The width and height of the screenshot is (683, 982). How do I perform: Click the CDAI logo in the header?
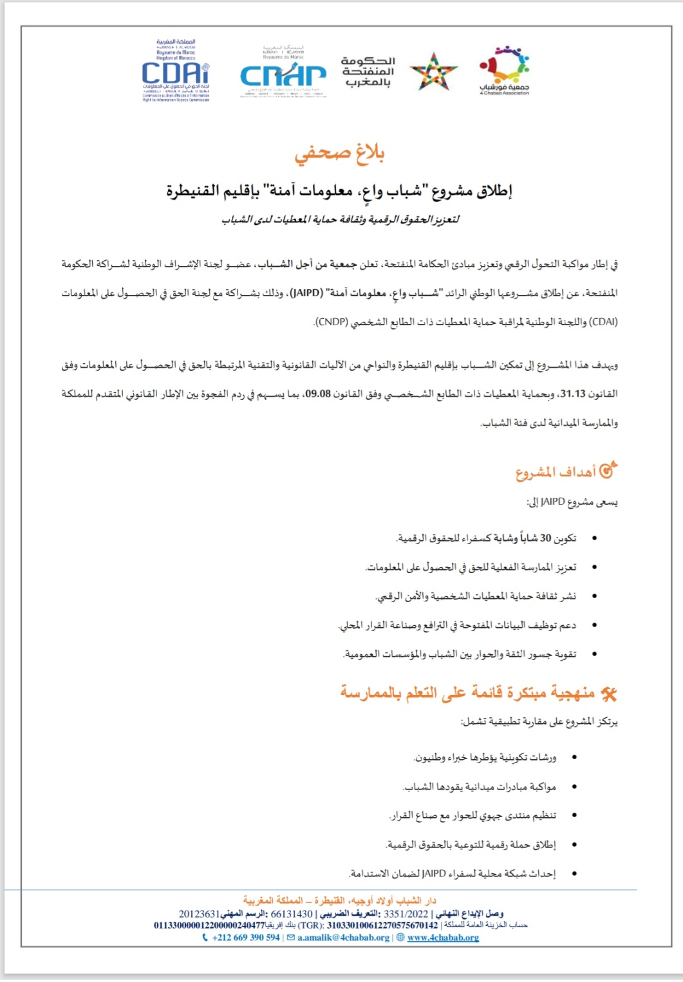pyautogui.click(x=176, y=71)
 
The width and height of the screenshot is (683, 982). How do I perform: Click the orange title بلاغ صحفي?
pyautogui.click(x=339, y=154)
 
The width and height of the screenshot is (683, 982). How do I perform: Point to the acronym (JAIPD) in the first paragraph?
pyautogui.click(x=306, y=293)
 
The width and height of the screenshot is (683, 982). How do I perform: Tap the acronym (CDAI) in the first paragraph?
pyautogui.click(x=603, y=322)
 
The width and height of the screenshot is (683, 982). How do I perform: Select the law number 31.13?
pyautogui.click(x=573, y=393)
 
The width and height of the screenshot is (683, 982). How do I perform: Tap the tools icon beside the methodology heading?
pyautogui.click(x=608, y=694)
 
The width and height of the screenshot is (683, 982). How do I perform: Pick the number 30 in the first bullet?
pyautogui.click(x=546, y=538)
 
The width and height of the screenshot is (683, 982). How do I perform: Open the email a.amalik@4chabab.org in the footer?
pyautogui.click(x=343, y=938)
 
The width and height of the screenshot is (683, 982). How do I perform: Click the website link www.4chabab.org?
pyautogui.click(x=443, y=938)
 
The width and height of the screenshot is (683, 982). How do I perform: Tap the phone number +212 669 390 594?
pyautogui.click(x=246, y=938)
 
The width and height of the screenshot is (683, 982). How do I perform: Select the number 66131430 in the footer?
pyautogui.click(x=292, y=914)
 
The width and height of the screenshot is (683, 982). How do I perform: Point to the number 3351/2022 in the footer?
pyautogui.click(x=406, y=914)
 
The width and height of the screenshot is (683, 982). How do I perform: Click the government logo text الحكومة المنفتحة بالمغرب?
pyautogui.click(x=368, y=71)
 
